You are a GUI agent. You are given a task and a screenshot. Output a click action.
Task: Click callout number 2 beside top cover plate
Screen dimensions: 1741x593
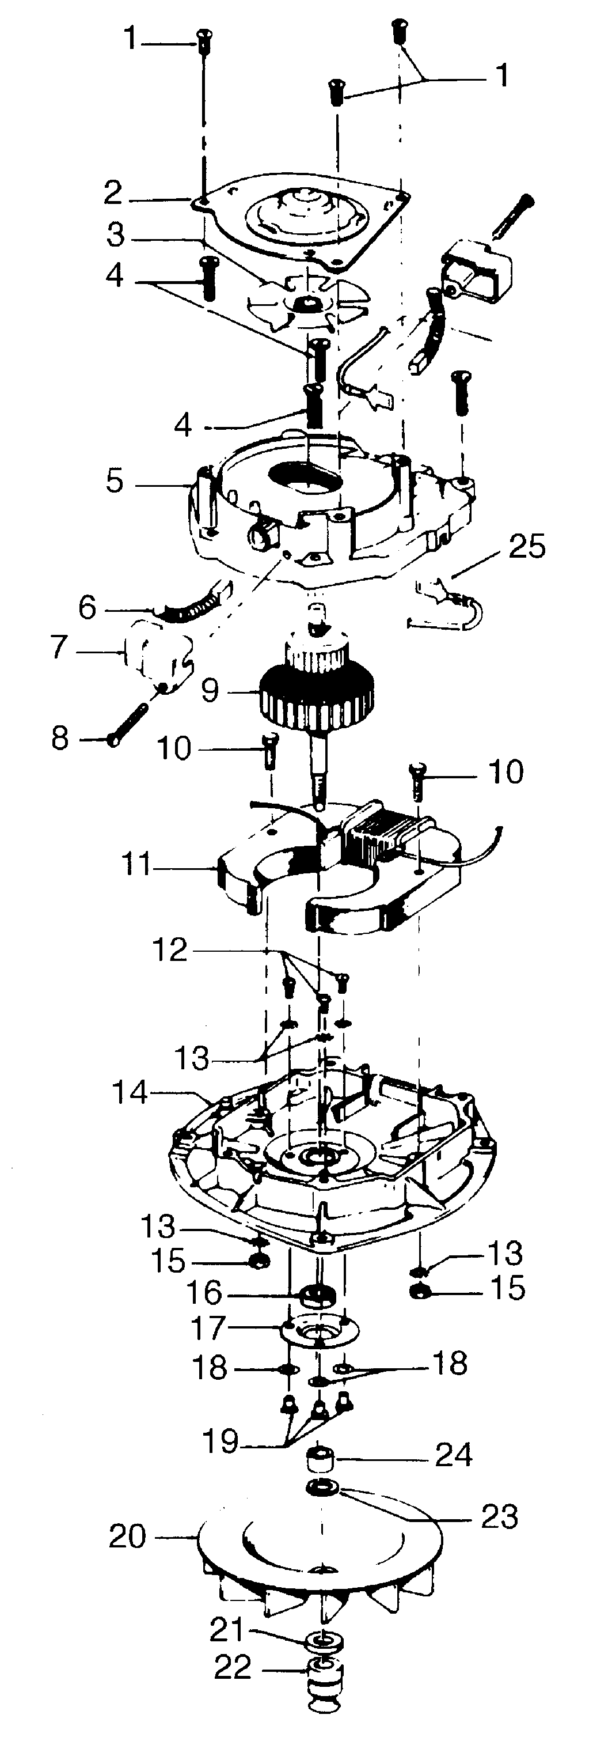tap(113, 194)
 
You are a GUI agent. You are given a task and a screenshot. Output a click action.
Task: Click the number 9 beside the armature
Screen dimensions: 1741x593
tap(210, 691)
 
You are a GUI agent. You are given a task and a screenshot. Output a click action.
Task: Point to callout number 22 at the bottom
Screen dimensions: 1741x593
tap(233, 1668)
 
